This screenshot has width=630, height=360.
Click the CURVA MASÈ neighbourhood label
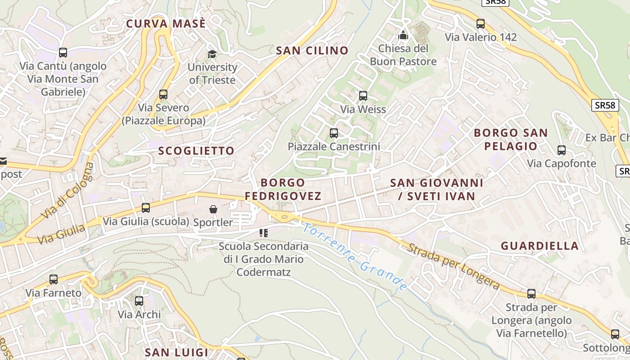point(166,24)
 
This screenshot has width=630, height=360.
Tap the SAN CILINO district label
point(312,50)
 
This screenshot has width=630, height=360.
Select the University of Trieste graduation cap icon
point(212,54)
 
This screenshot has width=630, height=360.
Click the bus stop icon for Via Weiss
point(363,96)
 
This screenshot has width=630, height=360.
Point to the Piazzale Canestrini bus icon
point(334,133)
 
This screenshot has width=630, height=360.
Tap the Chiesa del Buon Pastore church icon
point(403,35)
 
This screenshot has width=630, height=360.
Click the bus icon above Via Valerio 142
point(481,24)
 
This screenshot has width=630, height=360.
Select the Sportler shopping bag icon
point(213,209)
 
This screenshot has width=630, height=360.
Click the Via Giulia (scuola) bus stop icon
point(146,208)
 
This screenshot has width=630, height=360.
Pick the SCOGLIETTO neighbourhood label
point(196,151)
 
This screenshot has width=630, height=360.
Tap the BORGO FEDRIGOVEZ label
point(283,189)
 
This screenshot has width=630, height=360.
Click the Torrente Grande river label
point(355,256)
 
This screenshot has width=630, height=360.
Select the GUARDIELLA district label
point(540,246)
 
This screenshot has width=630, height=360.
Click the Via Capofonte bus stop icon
point(562,150)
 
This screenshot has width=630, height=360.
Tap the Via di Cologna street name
point(69,191)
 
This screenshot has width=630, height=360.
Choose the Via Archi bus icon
point(139,301)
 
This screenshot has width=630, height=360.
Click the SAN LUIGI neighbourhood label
point(176,352)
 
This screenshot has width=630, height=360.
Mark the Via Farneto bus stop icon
point(54,279)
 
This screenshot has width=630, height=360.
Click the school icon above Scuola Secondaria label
point(264,233)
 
